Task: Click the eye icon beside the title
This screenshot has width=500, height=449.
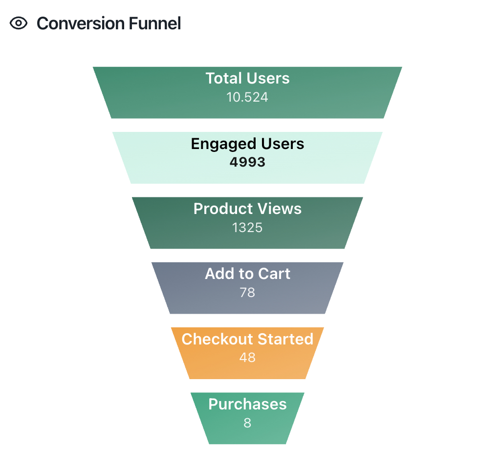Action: pos(19,23)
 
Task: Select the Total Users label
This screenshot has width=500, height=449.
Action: pos(247,78)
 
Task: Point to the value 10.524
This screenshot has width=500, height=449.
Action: pos(247,97)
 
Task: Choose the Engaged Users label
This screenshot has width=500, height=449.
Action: pos(247,144)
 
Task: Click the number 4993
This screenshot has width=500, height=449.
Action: pos(247,162)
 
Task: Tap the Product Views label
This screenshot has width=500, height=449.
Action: pos(247,209)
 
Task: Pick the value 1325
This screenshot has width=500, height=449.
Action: pos(247,227)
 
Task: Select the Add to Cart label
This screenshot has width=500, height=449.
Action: pos(247,274)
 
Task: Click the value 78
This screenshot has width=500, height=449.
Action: pos(247,292)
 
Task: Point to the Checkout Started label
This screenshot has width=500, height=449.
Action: pos(247,339)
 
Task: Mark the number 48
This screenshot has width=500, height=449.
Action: pos(247,357)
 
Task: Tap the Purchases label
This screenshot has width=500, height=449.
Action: pos(247,404)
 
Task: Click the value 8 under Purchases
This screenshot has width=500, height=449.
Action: pos(247,423)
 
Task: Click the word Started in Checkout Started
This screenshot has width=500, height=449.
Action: pos(285,339)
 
